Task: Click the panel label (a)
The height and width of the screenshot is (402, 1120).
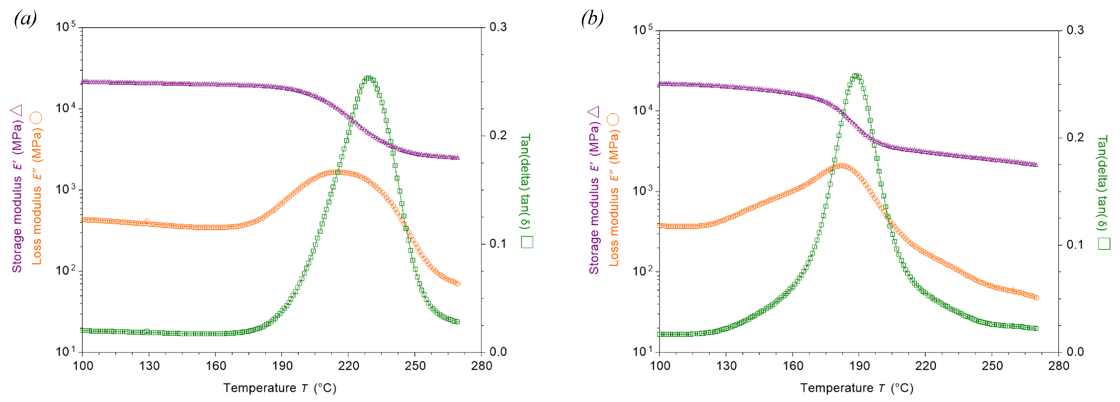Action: (25, 19)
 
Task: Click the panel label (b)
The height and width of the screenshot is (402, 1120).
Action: (592, 19)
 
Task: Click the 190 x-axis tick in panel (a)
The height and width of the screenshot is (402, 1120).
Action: (282, 365)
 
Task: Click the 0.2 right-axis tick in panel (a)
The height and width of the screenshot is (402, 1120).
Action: (498, 135)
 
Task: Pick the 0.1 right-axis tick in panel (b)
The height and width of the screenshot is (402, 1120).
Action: (1075, 244)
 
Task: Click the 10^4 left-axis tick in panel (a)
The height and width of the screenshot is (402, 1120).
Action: (65, 108)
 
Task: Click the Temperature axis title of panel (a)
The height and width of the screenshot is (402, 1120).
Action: (279, 388)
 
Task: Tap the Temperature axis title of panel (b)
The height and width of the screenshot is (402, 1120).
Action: (856, 388)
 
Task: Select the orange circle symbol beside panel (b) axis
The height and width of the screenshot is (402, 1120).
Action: (613, 120)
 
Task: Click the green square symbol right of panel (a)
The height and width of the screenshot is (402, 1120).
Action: (527, 242)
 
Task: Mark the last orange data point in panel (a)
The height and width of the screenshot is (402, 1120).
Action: (457, 284)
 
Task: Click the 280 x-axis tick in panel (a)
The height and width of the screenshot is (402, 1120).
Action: (481, 365)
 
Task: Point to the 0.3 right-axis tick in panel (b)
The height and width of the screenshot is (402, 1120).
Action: (1075, 31)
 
